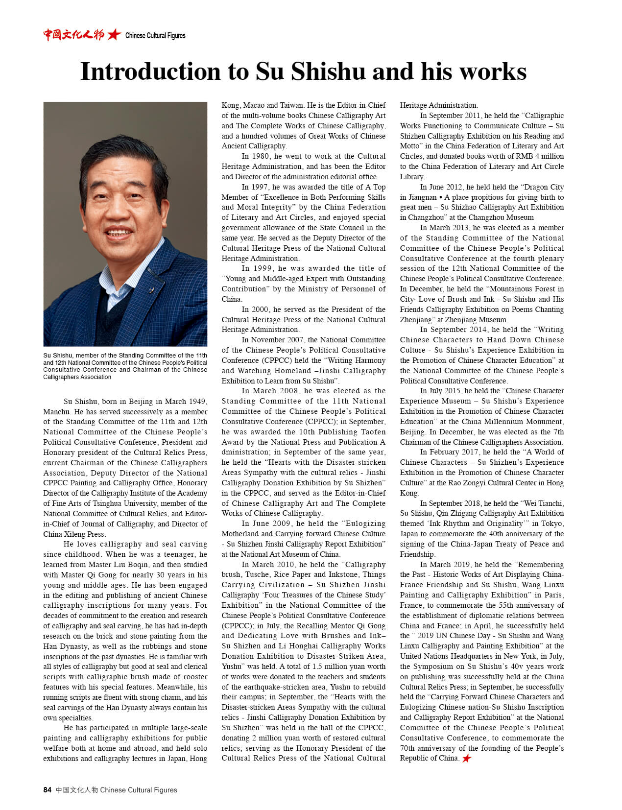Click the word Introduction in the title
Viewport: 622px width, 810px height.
point(150,71)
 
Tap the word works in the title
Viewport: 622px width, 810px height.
point(493,71)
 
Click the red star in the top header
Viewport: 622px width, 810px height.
point(114,34)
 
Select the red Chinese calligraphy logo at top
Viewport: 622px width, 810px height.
point(73,34)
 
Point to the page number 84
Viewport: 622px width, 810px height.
point(48,789)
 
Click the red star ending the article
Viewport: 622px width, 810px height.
point(467,758)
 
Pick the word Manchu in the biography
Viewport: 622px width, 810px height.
point(56,412)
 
